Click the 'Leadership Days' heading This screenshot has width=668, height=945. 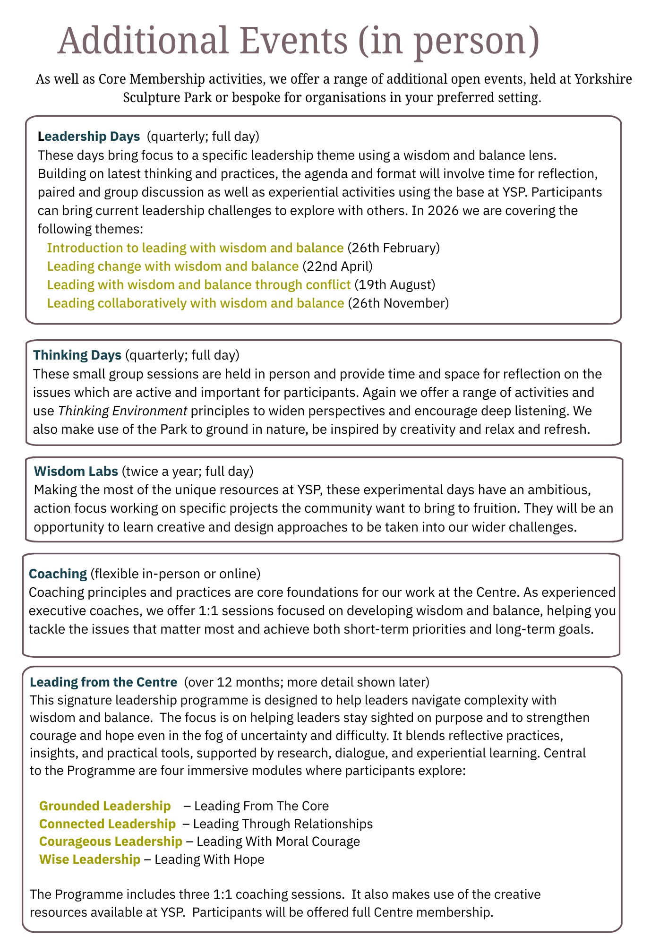click(x=89, y=137)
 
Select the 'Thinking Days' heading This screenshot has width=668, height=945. click(x=77, y=355)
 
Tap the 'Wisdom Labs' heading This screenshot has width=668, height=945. click(x=76, y=471)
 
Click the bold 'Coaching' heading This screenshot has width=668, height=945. click(x=58, y=574)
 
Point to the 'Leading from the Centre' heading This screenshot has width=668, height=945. click(x=103, y=682)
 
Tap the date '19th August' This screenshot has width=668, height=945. click(x=394, y=285)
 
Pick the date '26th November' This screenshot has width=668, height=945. click(x=398, y=303)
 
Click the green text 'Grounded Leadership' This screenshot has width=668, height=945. click(x=105, y=806)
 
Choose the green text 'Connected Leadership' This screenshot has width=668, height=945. click(x=107, y=824)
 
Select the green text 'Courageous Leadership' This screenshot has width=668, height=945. click(x=111, y=841)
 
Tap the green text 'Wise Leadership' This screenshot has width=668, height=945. click(x=90, y=859)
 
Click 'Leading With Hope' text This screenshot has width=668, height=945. click(x=209, y=859)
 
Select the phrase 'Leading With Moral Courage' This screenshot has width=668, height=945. click(x=278, y=841)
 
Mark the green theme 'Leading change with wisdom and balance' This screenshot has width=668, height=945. click(x=173, y=266)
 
